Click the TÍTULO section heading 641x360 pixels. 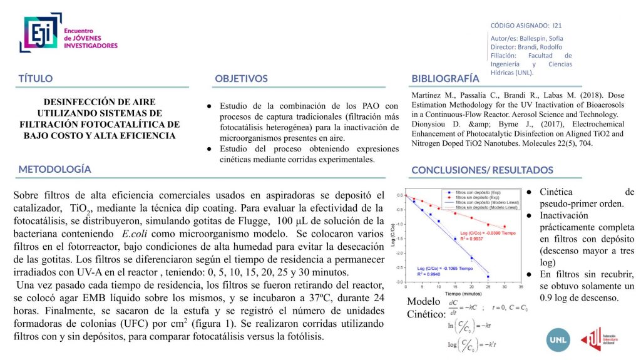36,79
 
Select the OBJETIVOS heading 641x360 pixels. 241,79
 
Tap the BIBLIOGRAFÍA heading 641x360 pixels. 445,79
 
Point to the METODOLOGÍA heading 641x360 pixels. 54,169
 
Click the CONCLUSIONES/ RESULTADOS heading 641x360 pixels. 482,170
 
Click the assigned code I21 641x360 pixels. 557,26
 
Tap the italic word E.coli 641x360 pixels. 135,234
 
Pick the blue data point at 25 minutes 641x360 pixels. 488,276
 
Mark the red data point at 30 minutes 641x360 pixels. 505,227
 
